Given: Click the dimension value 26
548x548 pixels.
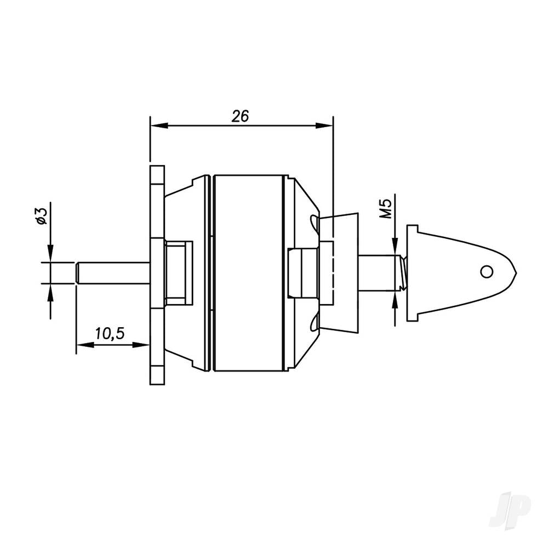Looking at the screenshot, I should [240, 116].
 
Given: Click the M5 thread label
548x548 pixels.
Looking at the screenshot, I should [387, 209].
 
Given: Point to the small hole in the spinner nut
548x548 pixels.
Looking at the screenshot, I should [485, 271].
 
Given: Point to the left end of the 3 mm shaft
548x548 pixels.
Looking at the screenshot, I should [78, 273].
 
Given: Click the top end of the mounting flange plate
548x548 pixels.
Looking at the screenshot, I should [157, 169].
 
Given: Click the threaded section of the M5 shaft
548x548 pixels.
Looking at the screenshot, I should [403, 272].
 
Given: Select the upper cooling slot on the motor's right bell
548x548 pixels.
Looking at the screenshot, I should [315, 222].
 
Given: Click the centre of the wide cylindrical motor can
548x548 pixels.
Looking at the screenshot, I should [249, 273].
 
